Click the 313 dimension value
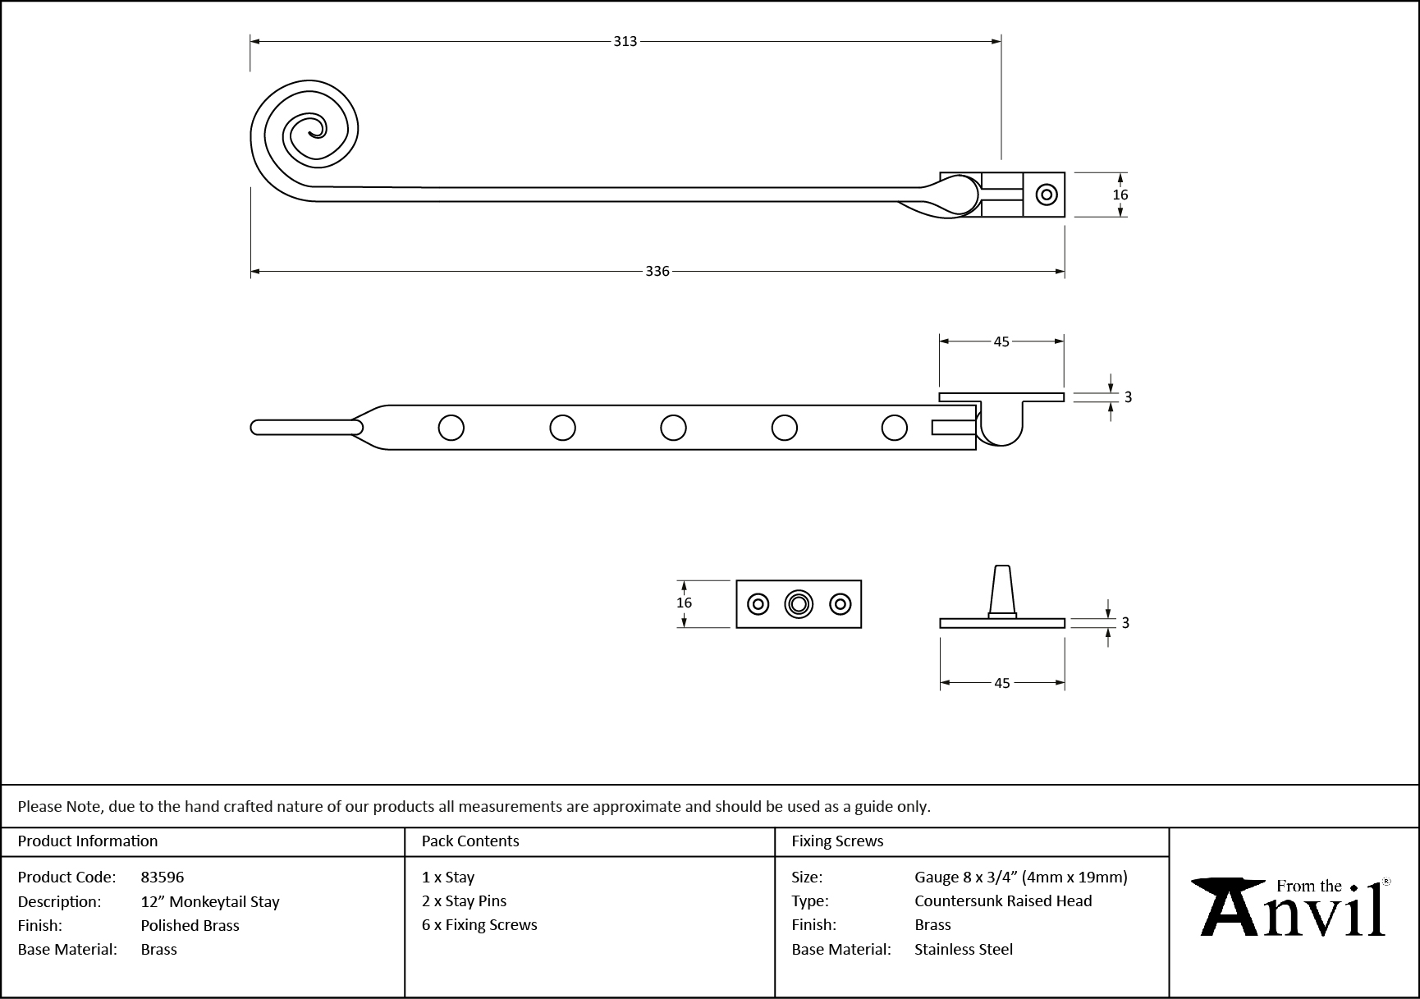(625, 41)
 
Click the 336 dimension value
(657, 271)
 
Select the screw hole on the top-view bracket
(1046, 195)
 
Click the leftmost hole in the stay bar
(451, 428)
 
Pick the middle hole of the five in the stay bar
(673, 428)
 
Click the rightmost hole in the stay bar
(894, 428)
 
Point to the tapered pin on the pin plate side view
(1002, 589)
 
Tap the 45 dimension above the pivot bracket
(1001, 341)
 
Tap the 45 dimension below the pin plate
(1001, 683)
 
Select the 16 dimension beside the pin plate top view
(684, 603)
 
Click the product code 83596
(163, 877)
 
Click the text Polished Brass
(190, 925)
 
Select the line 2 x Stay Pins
(464, 900)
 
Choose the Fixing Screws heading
(837, 841)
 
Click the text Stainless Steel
(964, 949)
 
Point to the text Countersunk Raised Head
(1003, 900)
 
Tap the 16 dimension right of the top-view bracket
(1120, 195)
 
